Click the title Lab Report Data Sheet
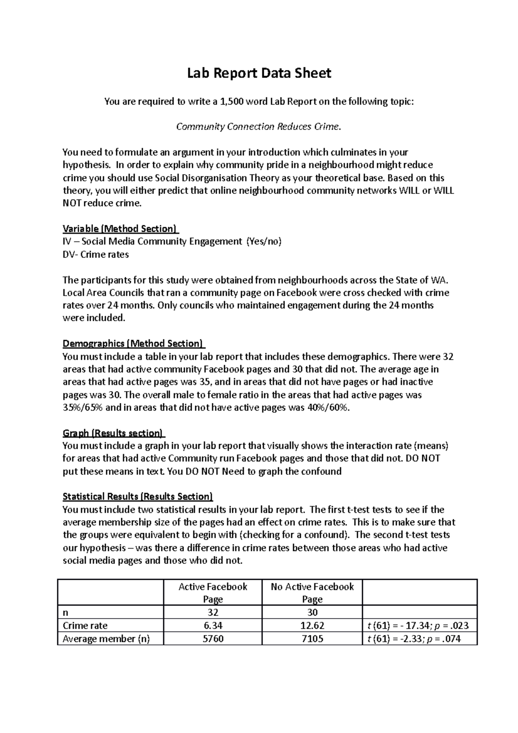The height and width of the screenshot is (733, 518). pos(259,73)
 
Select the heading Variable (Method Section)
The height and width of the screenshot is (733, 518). pos(120,229)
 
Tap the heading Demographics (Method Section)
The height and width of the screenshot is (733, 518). pos(133,344)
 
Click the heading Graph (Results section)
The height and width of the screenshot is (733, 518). pos(114,433)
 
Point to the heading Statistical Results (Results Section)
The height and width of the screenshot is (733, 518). pos(138,496)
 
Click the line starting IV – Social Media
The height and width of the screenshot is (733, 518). pos(172,242)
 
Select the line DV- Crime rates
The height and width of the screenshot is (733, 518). pos(96,255)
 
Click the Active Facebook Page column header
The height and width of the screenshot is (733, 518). pos(213,593)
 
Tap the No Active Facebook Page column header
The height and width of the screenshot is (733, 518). pos(312,593)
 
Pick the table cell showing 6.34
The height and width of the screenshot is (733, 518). pos(213,626)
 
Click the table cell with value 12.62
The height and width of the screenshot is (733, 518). pos(312,626)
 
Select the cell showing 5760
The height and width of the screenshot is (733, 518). pos(213,638)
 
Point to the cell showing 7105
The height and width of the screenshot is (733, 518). pos(312,638)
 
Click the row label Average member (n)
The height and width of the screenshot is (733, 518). pos(106,638)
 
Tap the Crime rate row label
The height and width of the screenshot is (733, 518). pos(85,626)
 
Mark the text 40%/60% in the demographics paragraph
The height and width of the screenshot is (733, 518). pos(327,408)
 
